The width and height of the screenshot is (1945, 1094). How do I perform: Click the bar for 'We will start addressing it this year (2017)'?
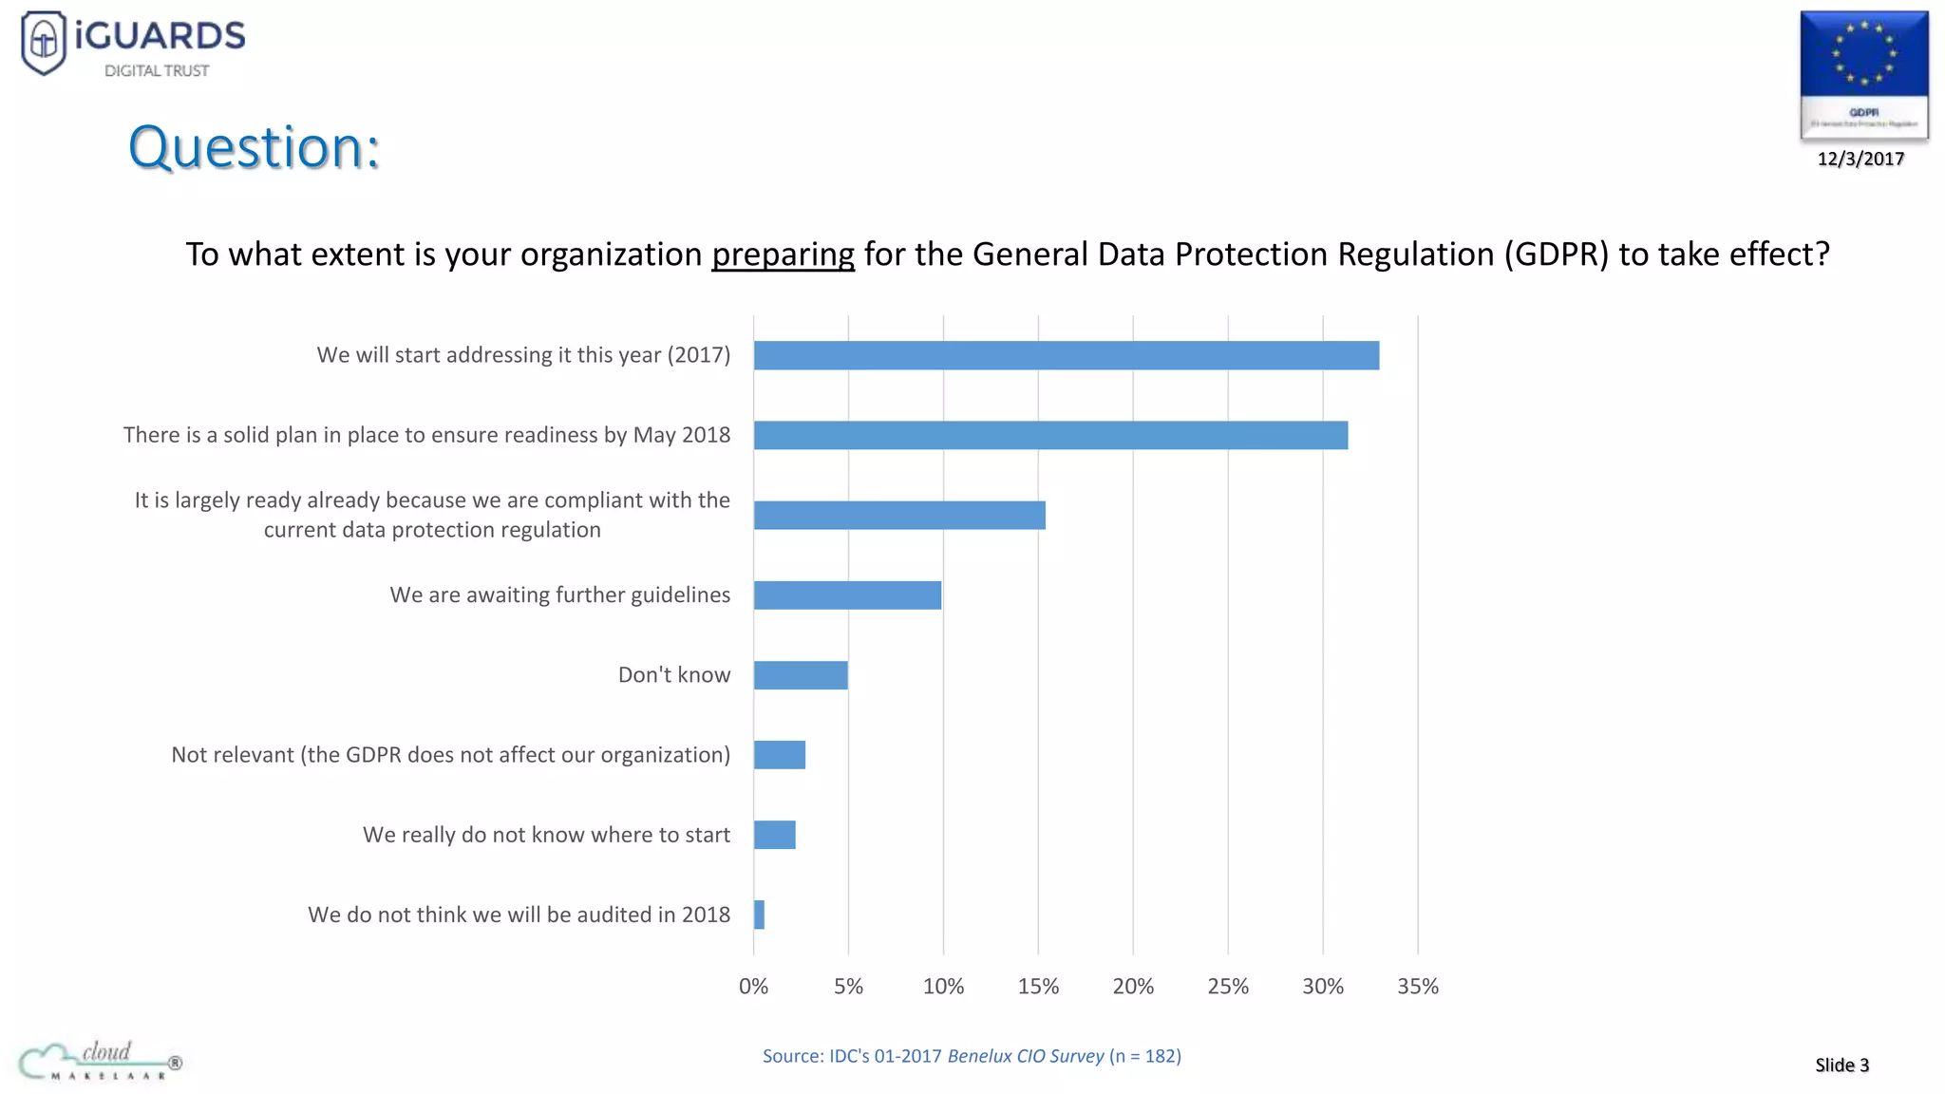[x=1066, y=356]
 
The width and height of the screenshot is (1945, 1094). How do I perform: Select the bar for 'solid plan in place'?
[x=1050, y=436]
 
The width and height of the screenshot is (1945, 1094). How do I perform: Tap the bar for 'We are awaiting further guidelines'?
[x=847, y=595]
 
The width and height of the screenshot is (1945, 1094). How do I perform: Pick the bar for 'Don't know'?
[x=801, y=675]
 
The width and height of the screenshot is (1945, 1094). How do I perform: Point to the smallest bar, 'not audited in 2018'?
[x=759, y=915]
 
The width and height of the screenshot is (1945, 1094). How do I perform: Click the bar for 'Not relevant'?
[x=780, y=755]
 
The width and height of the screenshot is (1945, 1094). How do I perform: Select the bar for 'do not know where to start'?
[x=775, y=835]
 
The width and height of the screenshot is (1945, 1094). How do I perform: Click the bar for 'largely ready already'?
[x=899, y=516]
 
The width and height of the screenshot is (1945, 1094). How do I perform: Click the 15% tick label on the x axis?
[x=1038, y=987]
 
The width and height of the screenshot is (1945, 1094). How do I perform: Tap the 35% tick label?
[x=1417, y=987]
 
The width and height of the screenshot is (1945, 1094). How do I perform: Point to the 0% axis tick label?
[x=753, y=987]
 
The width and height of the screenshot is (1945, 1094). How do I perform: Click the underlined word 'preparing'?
[x=783, y=255]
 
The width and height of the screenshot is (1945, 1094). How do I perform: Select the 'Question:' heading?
[x=254, y=148]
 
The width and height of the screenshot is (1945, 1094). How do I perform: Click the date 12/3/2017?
[x=1860, y=159]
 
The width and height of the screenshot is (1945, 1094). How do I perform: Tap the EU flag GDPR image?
[x=1863, y=74]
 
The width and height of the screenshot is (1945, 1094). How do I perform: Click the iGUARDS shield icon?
[x=44, y=42]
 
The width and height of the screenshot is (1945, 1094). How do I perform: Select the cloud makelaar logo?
[x=100, y=1061]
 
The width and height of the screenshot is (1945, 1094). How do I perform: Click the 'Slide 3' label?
[x=1841, y=1065]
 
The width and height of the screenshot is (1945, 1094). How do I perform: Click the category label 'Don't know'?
[x=673, y=675]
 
